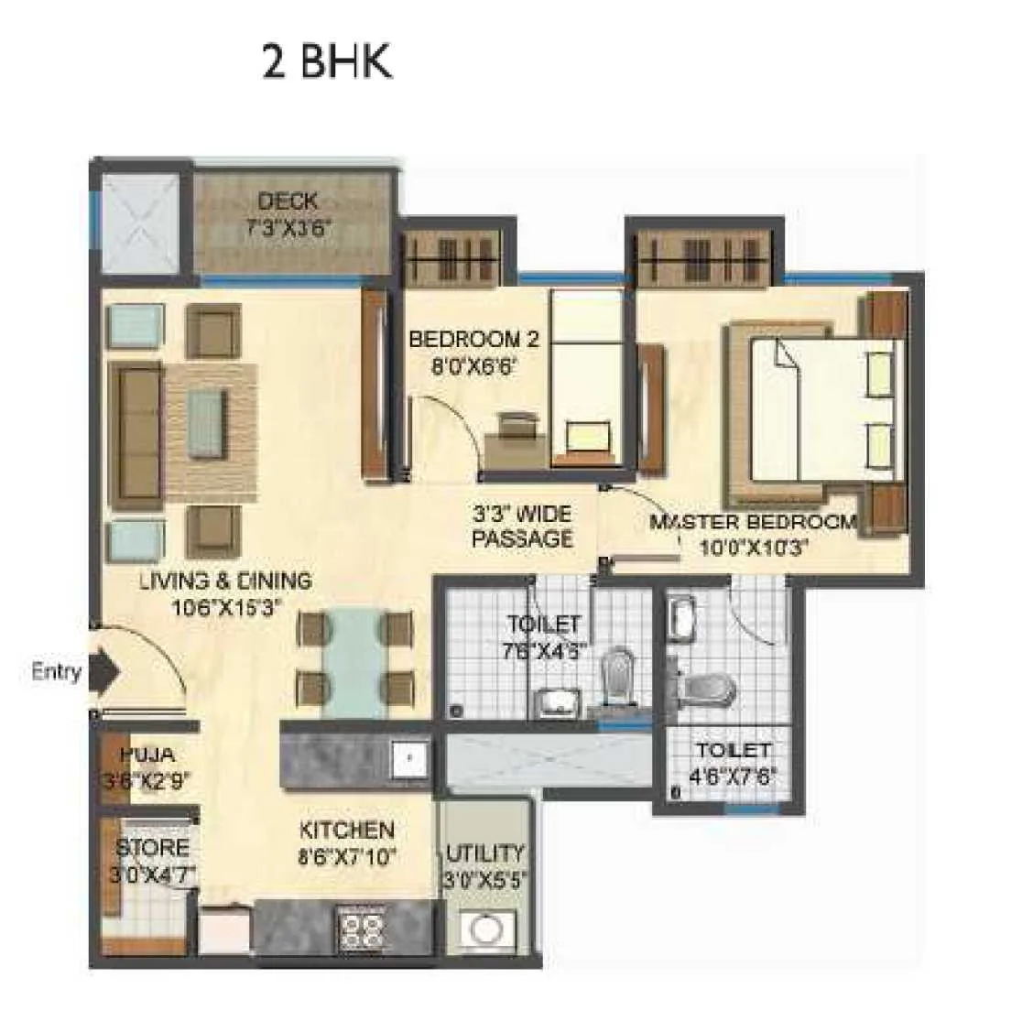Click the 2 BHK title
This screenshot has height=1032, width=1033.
pyautogui.click(x=327, y=62)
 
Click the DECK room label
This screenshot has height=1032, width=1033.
pyautogui.click(x=288, y=201)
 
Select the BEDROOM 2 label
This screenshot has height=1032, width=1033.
pyautogui.click(x=473, y=340)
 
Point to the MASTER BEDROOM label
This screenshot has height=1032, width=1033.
pyautogui.click(x=753, y=523)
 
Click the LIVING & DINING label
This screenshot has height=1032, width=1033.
pyautogui.click(x=225, y=581)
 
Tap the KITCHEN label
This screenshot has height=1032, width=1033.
pyautogui.click(x=347, y=831)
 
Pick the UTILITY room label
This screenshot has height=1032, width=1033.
pyautogui.click(x=485, y=853)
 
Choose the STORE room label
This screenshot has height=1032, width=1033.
pyautogui.click(x=152, y=848)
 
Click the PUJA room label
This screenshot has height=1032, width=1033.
pyautogui.click(x=147, y=755)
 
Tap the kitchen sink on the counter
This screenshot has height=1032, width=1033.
pyautogui.click(x=409, y=758)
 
